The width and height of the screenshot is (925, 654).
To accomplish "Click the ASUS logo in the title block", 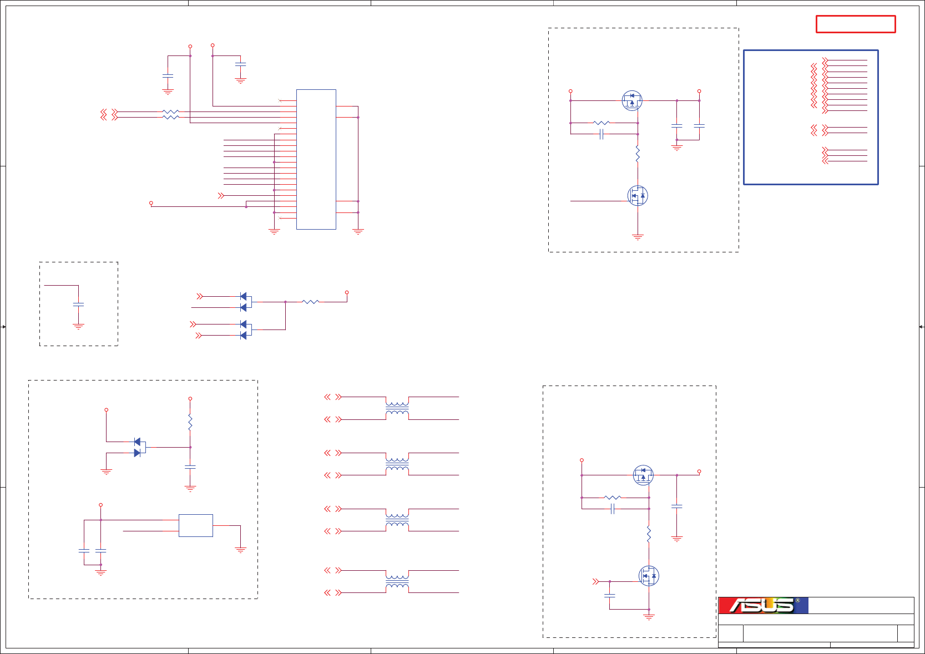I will [x=764, y=605].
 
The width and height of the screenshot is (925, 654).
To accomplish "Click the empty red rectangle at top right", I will [x=855, y=24].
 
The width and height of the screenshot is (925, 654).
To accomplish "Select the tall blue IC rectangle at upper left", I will [x=316, y=159].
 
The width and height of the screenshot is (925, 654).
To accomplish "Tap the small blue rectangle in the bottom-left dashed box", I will [x=195, y=525].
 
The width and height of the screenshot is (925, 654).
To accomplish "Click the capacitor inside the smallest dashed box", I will [x=78, y=305].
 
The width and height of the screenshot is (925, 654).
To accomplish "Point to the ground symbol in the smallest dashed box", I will [x=78, y=327].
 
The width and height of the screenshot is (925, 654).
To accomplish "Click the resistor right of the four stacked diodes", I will [x=310, y=302].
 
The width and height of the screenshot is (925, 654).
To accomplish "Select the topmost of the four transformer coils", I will [x=397, y=408].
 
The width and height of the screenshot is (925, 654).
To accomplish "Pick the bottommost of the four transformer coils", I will [x=397, y=581].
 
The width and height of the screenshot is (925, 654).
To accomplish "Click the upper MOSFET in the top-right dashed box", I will [x=631, y=100].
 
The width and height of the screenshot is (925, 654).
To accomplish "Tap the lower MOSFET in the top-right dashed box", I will [x=638, y=196].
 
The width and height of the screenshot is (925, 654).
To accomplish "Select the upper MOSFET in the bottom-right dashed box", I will [x=643, y=475].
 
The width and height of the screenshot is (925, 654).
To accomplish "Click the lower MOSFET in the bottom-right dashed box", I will [x=649, y=576].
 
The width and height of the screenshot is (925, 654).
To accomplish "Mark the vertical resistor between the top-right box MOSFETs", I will [x=638, y=154].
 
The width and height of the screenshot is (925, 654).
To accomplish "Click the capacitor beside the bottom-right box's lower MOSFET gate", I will [x=609, y=595].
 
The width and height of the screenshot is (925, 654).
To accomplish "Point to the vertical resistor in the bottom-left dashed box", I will [x=190, y=423].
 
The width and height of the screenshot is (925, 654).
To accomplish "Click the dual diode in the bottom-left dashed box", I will [x=139, y=447].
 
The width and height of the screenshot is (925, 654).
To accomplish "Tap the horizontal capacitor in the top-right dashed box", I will [x=601, y=134].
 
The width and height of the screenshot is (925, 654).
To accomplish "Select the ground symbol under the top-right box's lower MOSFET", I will [x=638, y=237].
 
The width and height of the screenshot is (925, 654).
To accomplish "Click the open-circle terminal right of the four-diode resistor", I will [x=347, y=292].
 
